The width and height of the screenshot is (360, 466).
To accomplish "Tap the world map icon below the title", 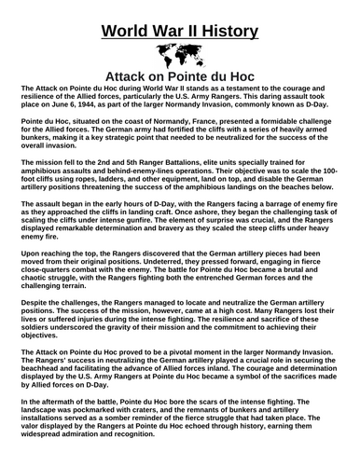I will [179, 52].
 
